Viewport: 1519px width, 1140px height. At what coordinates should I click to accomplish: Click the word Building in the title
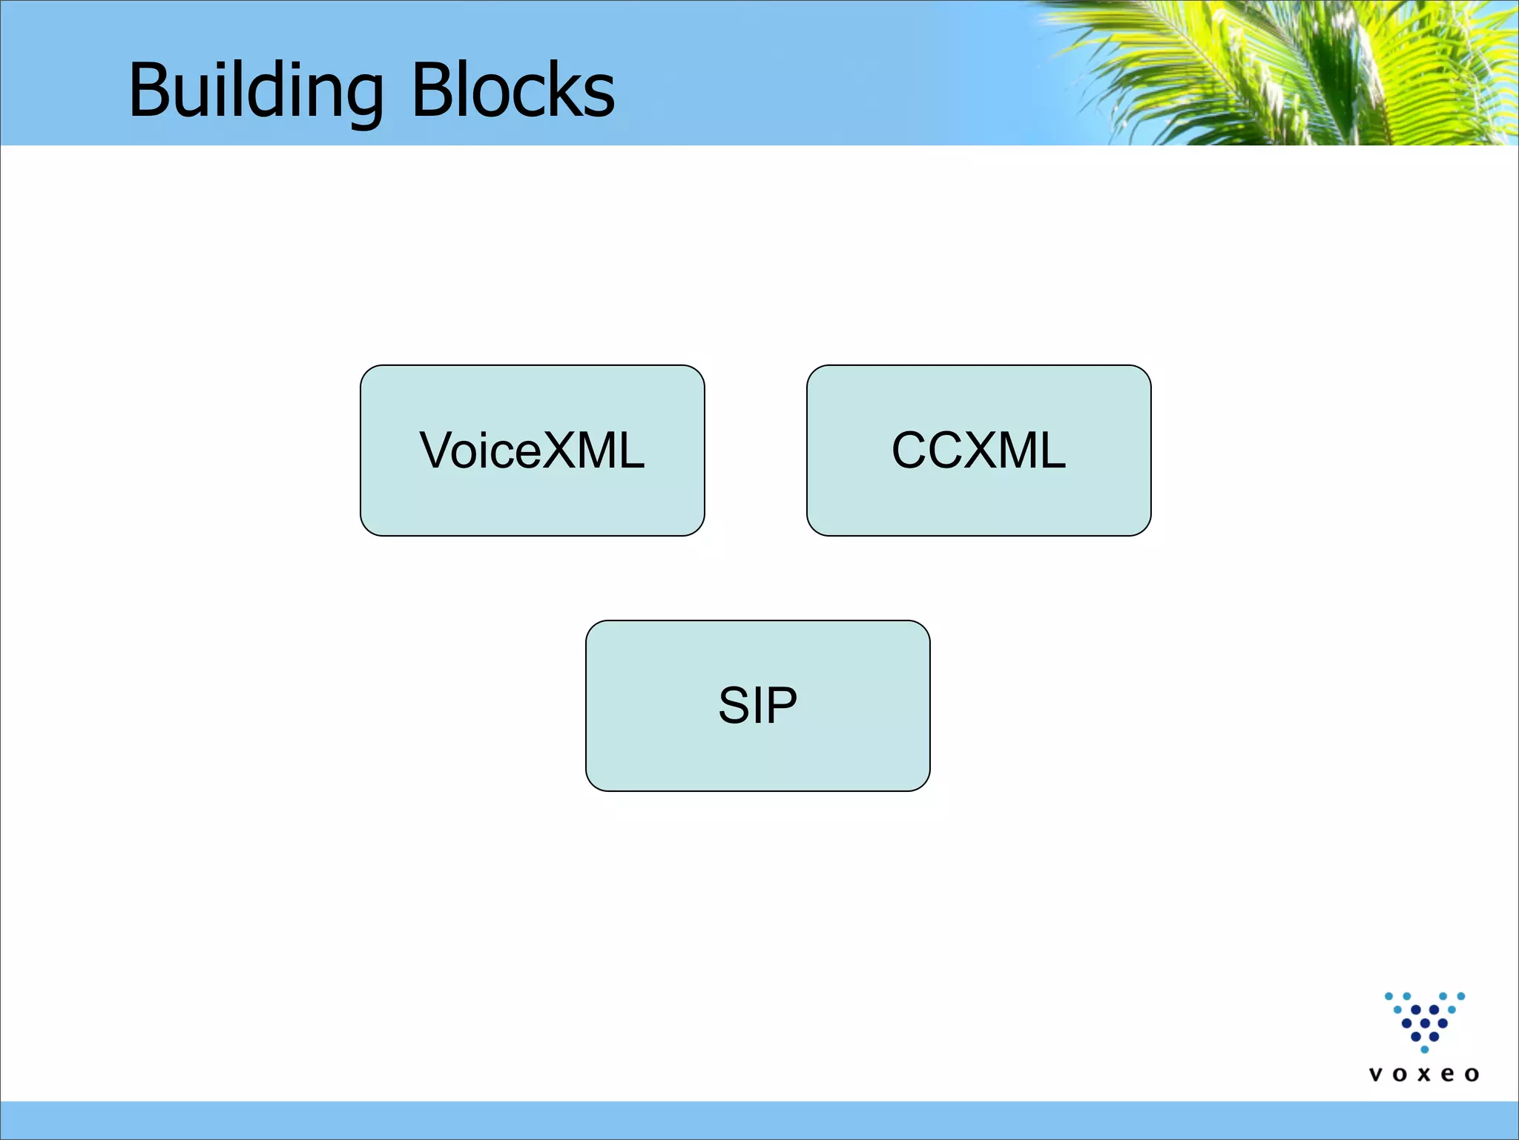pos(256,91)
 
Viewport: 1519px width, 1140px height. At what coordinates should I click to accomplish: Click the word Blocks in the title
pos(513,91)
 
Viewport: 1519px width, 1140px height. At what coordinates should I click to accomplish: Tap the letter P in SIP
pos(781,705)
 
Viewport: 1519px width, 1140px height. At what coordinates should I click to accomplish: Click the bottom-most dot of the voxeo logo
pos(1424,1049)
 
